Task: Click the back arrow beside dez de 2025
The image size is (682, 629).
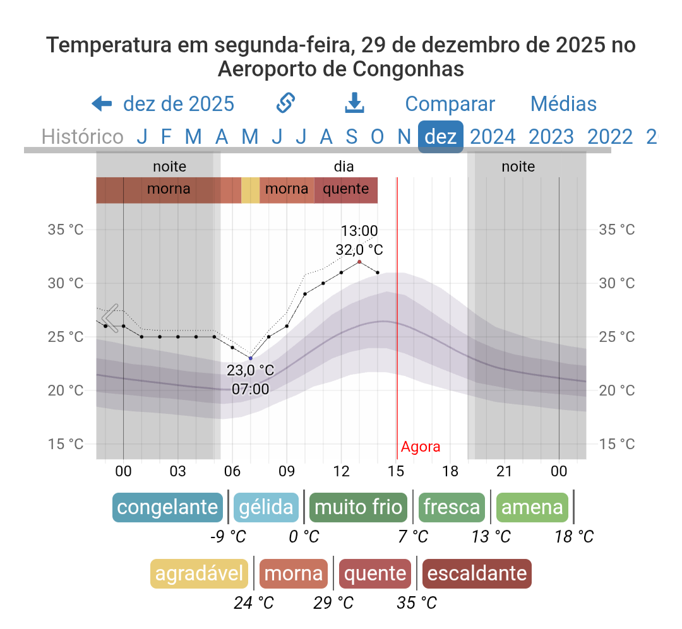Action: [x=102, y=103]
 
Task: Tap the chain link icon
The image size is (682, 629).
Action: [x=287, y=103]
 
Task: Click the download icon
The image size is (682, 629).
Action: [x=355, y=103]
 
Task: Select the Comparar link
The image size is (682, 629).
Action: [x=450, y=104]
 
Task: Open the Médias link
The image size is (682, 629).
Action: [x=563, y=104]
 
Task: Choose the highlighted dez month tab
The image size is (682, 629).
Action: [x=441, y=136]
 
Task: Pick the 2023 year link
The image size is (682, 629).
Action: [x=551, y=136]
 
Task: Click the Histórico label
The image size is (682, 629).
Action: [x=82, y=136]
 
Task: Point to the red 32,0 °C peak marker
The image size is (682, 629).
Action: [x=359, y=262]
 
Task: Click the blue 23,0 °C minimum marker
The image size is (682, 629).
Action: [x=251, y=358]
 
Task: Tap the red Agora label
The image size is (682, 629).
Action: [x=421, y=447]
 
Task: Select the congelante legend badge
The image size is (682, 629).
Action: [x=168, y=508]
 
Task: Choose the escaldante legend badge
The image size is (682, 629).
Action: [x=477, y=573]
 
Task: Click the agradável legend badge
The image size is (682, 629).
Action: [x=200, y=573]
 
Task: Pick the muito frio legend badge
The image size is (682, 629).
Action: [x=358, y=508]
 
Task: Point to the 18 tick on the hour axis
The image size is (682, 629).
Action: [x=450, y=471]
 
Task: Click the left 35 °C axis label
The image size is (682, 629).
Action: [x=66, y=230]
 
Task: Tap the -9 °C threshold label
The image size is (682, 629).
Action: [x=228, y=537]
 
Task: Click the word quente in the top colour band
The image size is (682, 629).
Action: [x=345, y=189]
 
